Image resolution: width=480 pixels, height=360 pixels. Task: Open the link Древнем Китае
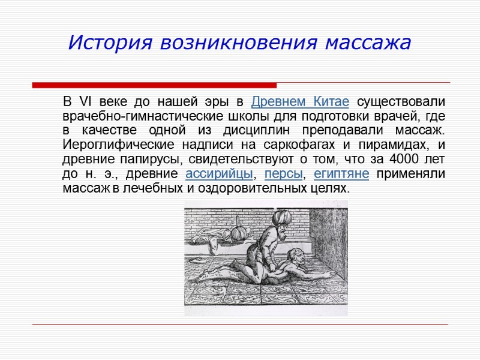coord(299,100)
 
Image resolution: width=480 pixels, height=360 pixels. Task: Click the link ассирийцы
coord(220,174)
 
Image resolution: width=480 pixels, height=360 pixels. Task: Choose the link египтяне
coord(341,174)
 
